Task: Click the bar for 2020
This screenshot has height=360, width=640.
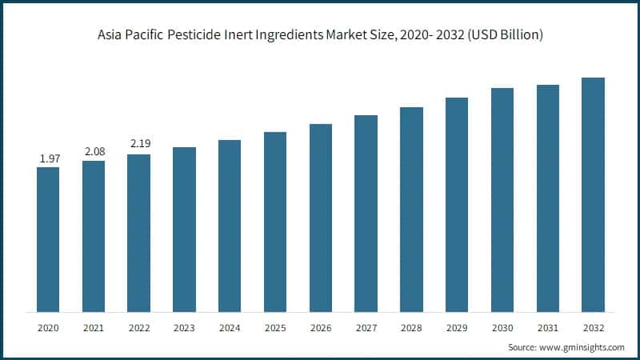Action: click(48, 239)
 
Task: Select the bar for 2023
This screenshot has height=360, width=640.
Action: click(184, 230)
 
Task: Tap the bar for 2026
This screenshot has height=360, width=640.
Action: click(321, 218)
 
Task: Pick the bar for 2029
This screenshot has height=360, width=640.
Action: click(457, 205)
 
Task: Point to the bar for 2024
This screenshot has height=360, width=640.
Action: click(230, 226)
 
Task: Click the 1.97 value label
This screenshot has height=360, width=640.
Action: click(48, 159)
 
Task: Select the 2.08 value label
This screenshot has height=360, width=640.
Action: click(94, 152)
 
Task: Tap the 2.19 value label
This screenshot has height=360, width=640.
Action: click(139, 144)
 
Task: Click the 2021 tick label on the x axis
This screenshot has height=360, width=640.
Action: click(94, 328)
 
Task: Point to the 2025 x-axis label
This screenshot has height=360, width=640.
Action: click(275, 328)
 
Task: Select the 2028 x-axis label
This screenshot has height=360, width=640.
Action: click(411, 328)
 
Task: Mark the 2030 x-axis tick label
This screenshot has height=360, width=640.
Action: click(502, 328)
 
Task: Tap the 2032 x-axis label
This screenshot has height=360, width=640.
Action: click(593, 328)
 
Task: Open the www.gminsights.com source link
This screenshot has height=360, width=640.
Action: click(581, 347)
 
